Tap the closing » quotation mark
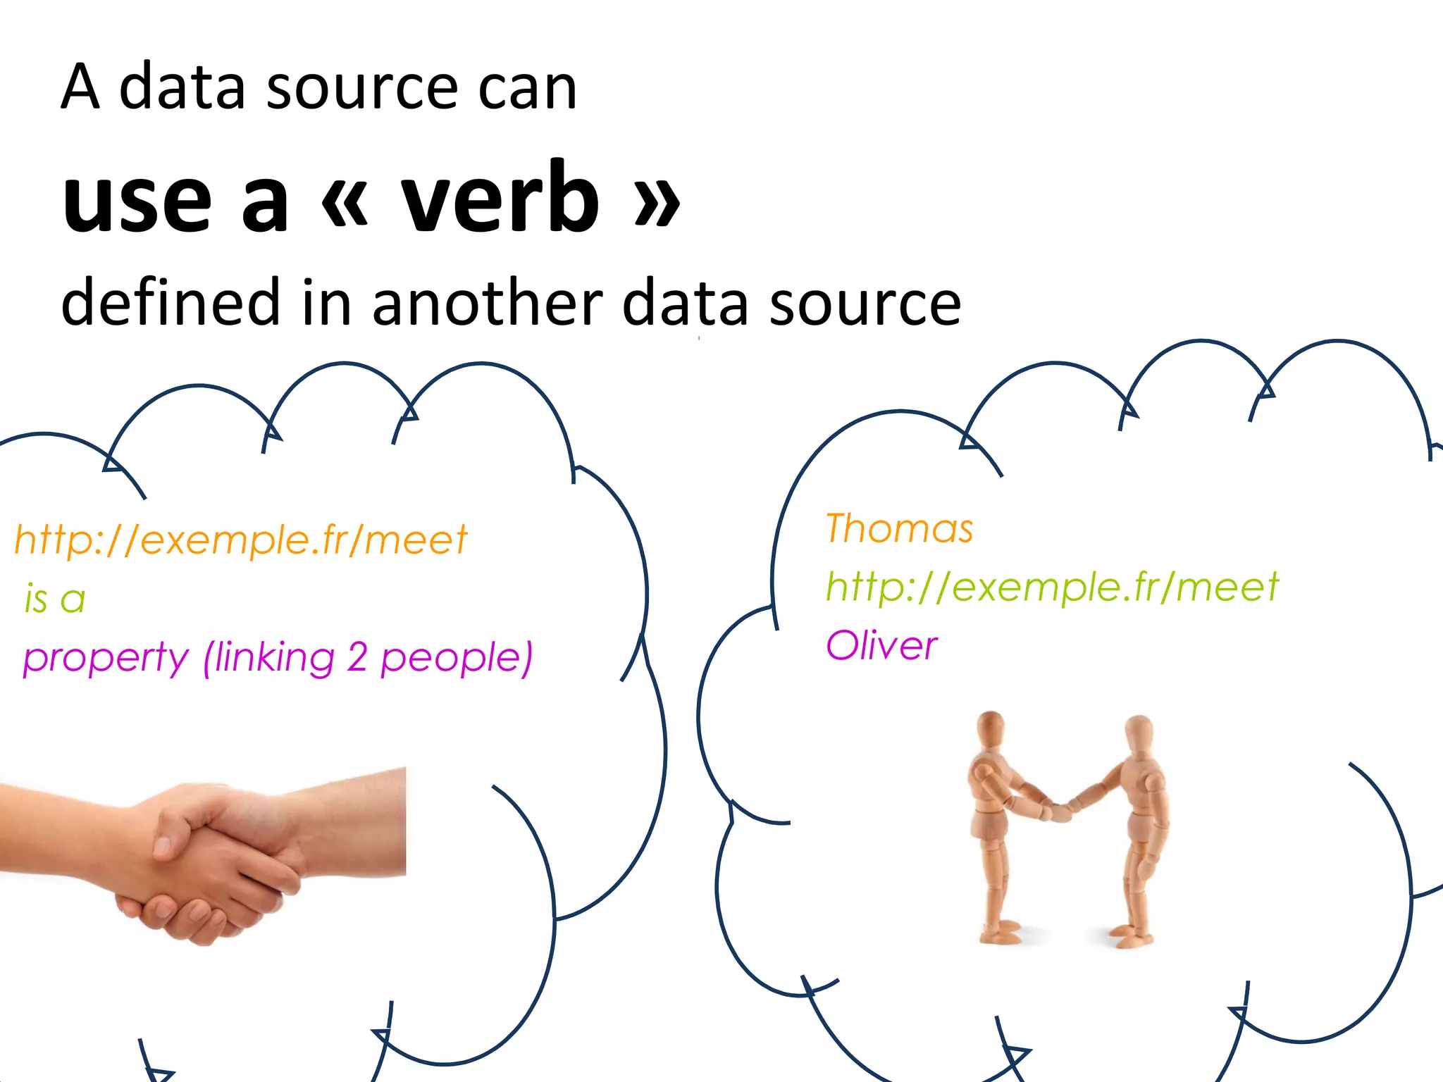(x=657, y=204)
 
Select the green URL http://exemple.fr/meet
(x=1051, y=587)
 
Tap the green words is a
(x=55, y=599)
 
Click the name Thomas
(x=899, y=528)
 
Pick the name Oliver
(x=881, y=645)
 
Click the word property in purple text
(x=106, y=659)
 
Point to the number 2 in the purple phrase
(x=357, y=657)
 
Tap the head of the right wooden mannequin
(x=1138, y=735)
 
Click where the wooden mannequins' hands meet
(x=1059, y=811)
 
